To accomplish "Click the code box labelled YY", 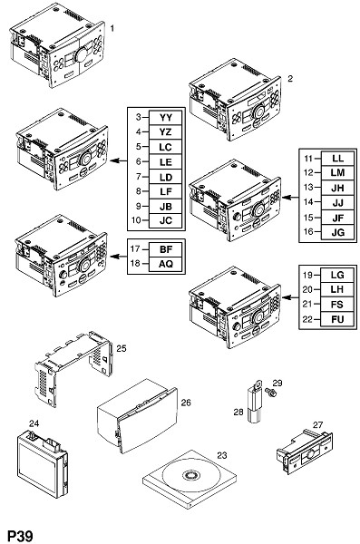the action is [x=166, y=117].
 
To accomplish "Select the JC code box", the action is [x=166, y=220].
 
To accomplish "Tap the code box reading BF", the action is [x=166, y=249].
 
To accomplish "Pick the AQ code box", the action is [x=166, y=264].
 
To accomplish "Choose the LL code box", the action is [x=337, y=159].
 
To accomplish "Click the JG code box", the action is [x=337, y=232].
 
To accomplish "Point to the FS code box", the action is [x=337, y=305].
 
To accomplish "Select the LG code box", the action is [x=337, y=275].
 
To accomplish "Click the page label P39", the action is [x=20, y=536].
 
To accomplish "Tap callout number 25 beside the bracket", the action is [x=122, y=348].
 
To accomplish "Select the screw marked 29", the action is [x=270, y=393].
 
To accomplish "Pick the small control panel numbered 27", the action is [x=304, y=452].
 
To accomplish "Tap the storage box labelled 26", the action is [x=137, y=415].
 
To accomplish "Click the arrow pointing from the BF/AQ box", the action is [x=119, y=257].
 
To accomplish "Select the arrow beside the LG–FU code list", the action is [x=290, y=297].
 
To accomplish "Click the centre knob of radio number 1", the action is [x=82, y=54].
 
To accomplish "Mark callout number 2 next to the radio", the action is [x=290, y=78].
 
